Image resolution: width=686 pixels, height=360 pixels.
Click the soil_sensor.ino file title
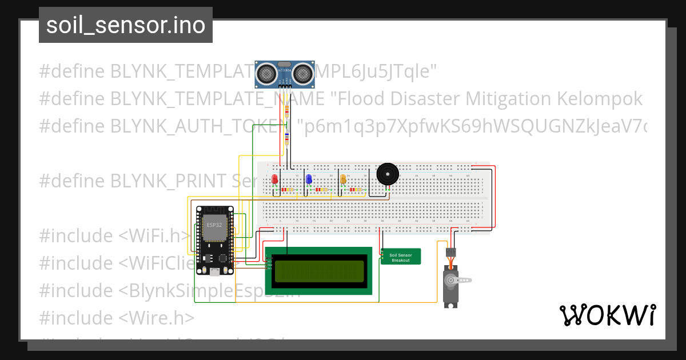click(126, 25)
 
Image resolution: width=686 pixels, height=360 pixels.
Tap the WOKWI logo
click(607, 315)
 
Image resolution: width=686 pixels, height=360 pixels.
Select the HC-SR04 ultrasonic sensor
click(285, 72)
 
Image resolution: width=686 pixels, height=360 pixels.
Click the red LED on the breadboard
click(275, 179)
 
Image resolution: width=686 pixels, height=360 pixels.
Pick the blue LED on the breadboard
click(309, 179)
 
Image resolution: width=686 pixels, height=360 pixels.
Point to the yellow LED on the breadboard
click(343, 179)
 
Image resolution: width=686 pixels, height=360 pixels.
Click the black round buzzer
click(387, 174)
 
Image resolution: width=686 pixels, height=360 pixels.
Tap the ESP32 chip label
click(214, 225)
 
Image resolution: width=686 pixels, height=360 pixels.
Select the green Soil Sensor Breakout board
click(401, 257)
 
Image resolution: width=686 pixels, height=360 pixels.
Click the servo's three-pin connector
click(451, 251)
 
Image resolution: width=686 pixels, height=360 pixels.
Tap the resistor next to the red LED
click(289, 189)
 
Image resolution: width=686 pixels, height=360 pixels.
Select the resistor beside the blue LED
click(322, 189)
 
